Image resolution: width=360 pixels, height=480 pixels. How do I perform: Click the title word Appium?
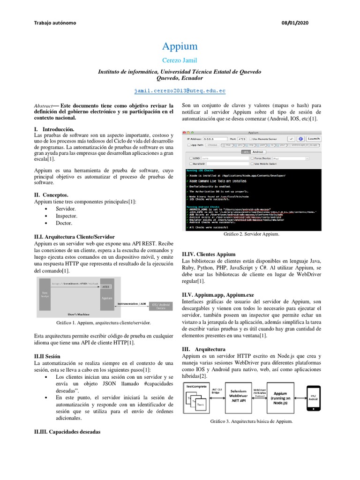tap(180, 46)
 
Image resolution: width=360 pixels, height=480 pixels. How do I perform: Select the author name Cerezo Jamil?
tap(180, 61)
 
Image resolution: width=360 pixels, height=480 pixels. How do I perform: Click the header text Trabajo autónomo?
tap(56, 23)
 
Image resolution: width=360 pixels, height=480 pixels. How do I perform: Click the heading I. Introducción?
tap(54, 128)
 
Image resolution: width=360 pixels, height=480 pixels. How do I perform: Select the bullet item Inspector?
tap(67, 216)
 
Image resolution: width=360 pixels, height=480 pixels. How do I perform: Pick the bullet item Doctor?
tap(64, 224)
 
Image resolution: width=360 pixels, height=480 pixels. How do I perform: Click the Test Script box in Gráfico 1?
tap(45, 294)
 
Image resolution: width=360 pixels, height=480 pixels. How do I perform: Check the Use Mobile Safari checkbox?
tap(253, 164)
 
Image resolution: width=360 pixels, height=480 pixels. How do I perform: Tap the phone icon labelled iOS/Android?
tap(314, 397)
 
